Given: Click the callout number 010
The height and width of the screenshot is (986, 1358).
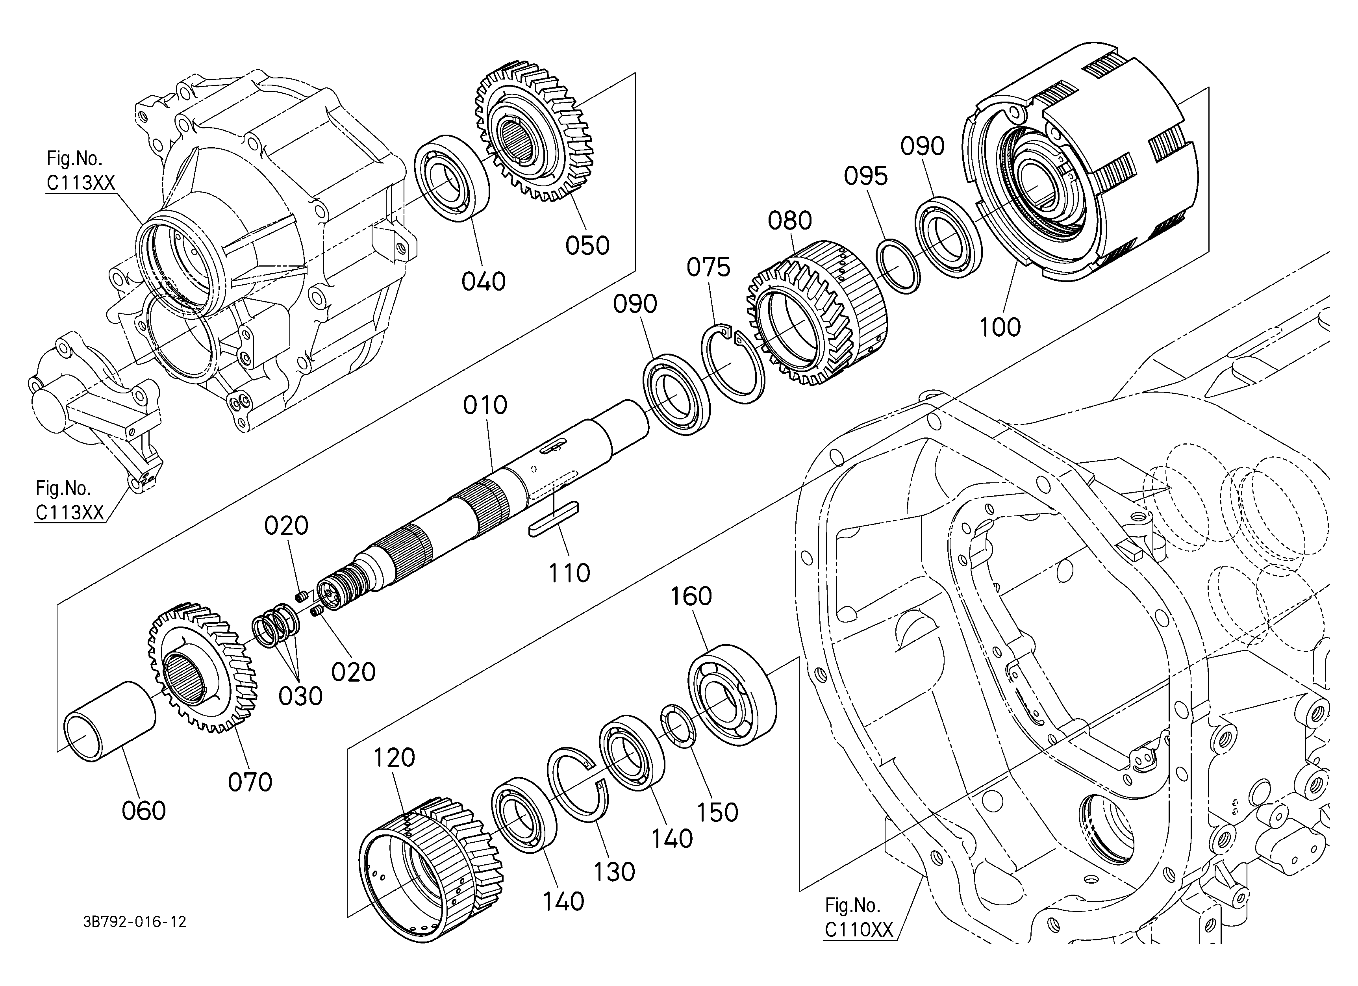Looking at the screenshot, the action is coord(485,406).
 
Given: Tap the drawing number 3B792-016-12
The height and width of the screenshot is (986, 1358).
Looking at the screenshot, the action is coord(135,922).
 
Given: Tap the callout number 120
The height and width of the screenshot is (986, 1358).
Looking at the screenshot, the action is coord(394,758).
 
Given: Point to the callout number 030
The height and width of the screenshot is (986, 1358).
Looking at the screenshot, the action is coord(300,696).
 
